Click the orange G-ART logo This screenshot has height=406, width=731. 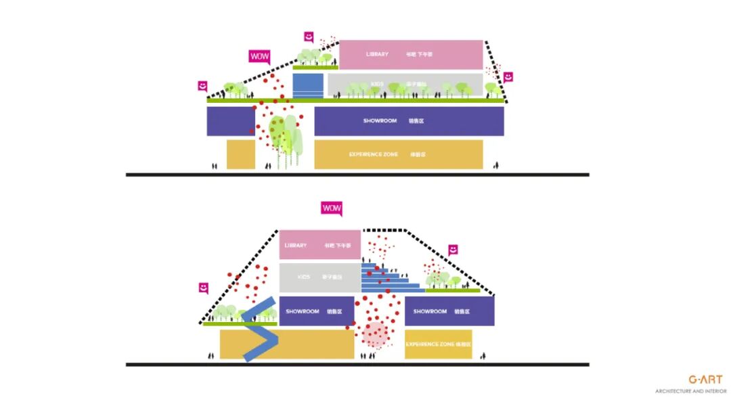705,380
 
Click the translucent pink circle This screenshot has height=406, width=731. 375,334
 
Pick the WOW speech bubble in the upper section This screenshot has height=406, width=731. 259,57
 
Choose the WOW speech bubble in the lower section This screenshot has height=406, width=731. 332,208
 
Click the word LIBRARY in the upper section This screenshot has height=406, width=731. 377,54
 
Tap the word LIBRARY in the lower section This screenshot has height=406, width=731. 296,246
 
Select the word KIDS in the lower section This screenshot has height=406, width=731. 304,277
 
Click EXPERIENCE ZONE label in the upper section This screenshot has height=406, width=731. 373,154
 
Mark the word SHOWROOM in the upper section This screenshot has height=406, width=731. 380,121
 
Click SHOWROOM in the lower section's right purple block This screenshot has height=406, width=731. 430,311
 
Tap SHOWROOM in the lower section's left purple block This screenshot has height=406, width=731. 303,311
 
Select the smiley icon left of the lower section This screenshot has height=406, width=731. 203,288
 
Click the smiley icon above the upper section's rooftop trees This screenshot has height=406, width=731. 309,37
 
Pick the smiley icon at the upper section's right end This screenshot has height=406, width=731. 508,77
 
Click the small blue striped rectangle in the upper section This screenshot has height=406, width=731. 307,86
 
